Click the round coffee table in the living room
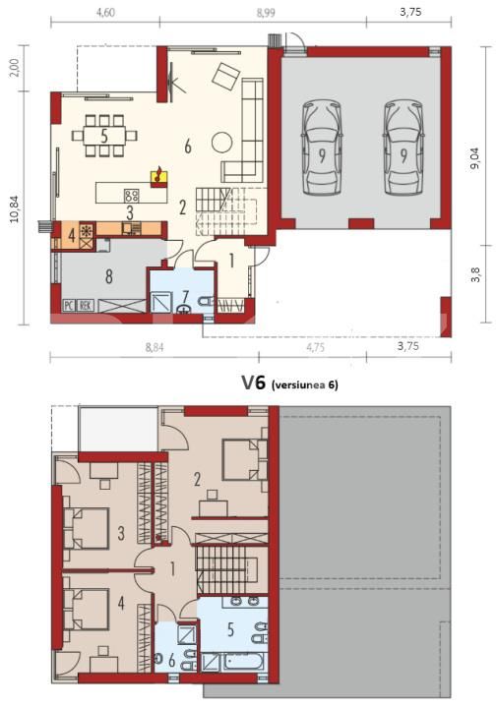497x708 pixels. [x=221, y=140]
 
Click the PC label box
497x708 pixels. [x=70, y=305]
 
